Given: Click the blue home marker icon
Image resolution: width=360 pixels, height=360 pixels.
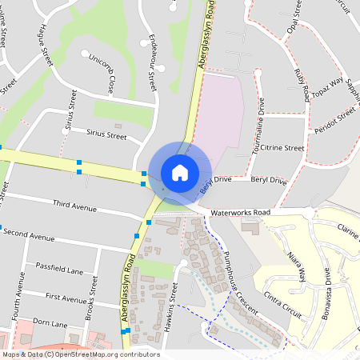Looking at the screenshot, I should pyautogui.click(x=180, y=172).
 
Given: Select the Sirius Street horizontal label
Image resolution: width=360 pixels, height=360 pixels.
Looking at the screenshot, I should pyautogui.click(x=106, y=136).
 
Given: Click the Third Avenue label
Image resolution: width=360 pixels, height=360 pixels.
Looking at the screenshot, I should pyautogui.click(x=74, y=206).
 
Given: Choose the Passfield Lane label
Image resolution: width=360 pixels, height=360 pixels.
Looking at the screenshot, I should pyautogui.click(x=59, y=269).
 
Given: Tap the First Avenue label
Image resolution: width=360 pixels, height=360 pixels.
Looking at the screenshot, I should pyautogui.click(x=65, y=298).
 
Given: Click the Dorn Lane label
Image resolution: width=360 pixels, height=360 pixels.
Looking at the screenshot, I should pyautogui.click(x=50, y=322).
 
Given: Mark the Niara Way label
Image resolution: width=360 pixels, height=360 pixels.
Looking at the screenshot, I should pyautogui.click(x=297, y=266).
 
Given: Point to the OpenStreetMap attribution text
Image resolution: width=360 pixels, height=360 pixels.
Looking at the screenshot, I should pyautogui.click(x=81, y=354).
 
